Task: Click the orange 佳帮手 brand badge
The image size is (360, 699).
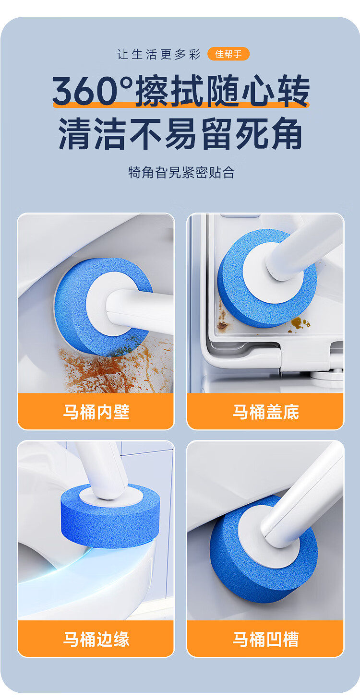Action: (x=228, y=54)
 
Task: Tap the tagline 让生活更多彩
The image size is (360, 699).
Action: (x=159, y=54)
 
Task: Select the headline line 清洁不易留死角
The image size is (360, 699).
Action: (x=180, y=133)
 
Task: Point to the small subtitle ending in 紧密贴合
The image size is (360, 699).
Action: (x=181, y=172)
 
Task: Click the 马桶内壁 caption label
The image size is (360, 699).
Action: (x=96, y=412)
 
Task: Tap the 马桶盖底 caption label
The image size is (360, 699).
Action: (x=266, y=412)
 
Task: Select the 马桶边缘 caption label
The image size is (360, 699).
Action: (x=96, y=639)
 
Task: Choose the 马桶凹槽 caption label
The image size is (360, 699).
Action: (x=266, y=639)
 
